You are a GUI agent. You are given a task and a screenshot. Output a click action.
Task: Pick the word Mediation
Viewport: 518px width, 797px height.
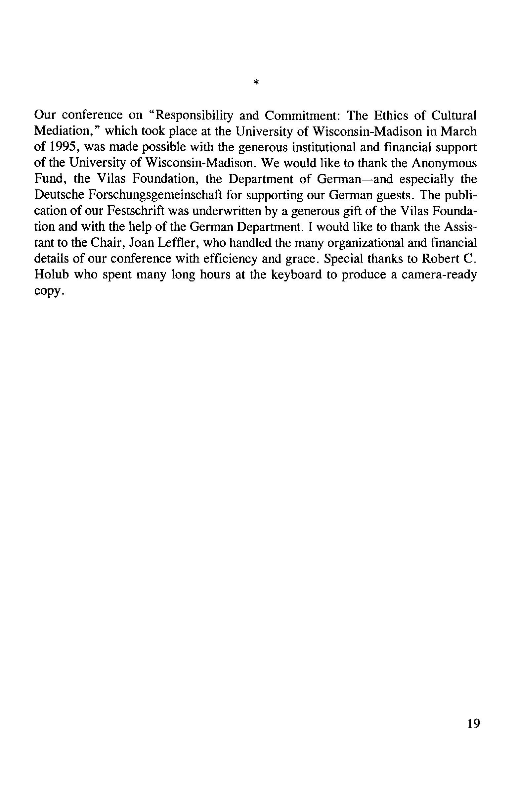[x=63, y=131]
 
